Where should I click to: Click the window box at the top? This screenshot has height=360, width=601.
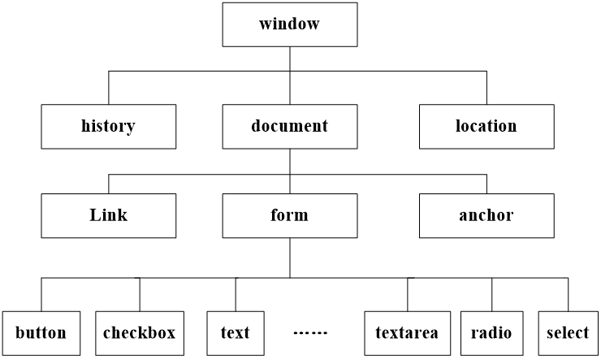pos(290,24)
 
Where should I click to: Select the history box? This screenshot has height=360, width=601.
pos(108,126)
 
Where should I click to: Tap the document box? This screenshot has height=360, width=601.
pos(290,126)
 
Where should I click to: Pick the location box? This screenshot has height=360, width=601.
pos(486,126)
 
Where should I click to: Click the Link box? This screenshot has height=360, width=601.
pos(108,215)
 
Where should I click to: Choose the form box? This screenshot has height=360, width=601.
pos(290,215)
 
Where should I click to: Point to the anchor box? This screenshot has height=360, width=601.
pos(486,215)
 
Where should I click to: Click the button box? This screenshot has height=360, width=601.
pos(41,332)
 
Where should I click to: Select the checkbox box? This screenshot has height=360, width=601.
pos(139,332)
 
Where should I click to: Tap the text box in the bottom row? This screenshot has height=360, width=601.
pos(236,332)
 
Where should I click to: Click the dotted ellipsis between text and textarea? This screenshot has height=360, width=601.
pos(309,333)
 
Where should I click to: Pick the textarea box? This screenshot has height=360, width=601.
pos(407,332)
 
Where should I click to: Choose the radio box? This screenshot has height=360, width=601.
pos(491,332)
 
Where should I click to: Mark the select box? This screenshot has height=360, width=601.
pos(568,332)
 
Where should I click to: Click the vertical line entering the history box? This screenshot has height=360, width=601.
pos(108,88)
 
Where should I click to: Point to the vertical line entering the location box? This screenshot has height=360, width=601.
pos(486,88)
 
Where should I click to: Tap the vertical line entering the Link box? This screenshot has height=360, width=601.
pos(108,183)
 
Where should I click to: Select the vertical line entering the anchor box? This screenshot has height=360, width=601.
pos(486,183)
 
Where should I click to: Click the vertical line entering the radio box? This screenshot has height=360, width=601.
pos(491,294)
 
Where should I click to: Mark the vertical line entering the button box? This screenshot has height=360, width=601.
pos(41,294)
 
